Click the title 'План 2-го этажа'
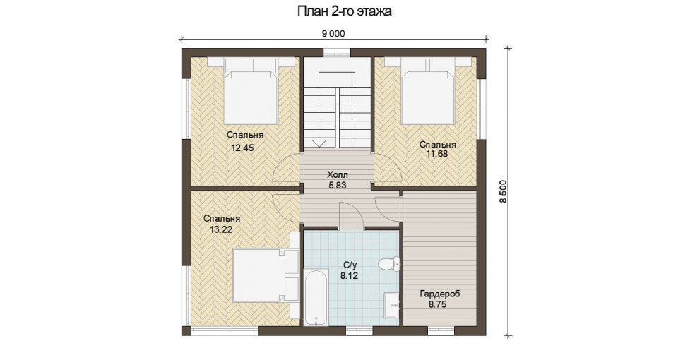(x=344, y=11)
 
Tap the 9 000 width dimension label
(x=333, y=34)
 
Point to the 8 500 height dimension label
(x=502, y=191)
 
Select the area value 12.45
(x=242, y=148)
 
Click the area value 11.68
(x=436, y=153)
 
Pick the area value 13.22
(x=221, y=230)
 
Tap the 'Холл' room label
(x=338, y=175)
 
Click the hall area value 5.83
(x=338, y=186)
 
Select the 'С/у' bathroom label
(x=350, y=265)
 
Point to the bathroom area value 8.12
(x=349, y=276)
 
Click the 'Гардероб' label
(x=440, y=294)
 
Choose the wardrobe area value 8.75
(x=438, y=304)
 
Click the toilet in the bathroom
(x=389, y=263)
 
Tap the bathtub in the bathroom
(x=317, y=298)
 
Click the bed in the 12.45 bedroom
(x=251, y=92)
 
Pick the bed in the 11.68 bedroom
(x=428, y=91)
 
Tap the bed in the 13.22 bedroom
(x=266, y=276)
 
